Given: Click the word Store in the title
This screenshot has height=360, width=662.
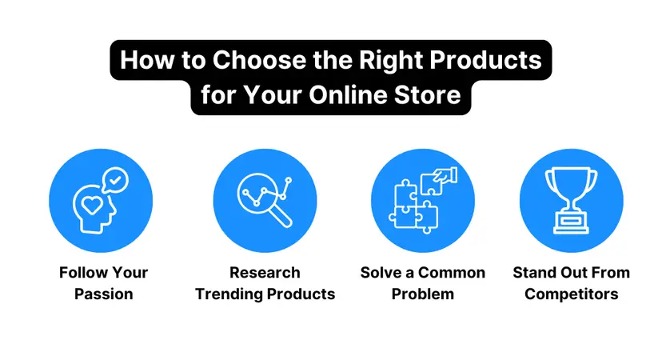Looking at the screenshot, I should pyautogui.click(x=432, y=95).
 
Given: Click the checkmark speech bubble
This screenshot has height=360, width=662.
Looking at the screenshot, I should pyautogui.click(x=116, y=180).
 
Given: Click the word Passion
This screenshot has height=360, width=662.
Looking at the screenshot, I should pyautogui.click(x=103, y=294).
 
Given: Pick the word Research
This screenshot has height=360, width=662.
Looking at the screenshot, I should pyautogui.click(x=265, y=273).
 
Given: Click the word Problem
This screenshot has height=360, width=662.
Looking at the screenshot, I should pyautogui.click(x=422, y=294).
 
